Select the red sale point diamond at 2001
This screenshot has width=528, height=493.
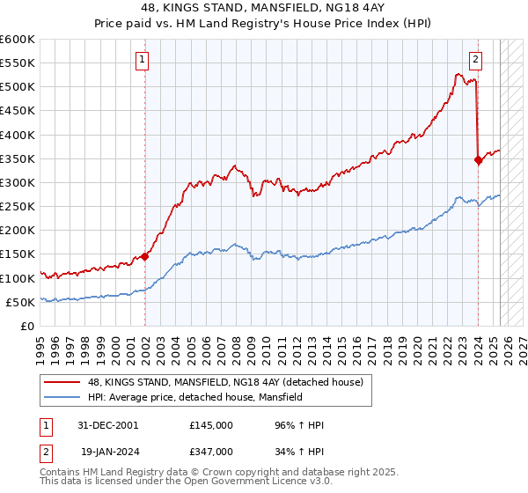click(145, 257)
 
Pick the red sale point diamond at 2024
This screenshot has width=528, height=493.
click(478, 160)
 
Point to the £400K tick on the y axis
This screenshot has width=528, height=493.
click(18, 135)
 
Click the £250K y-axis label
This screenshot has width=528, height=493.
click(18, 206)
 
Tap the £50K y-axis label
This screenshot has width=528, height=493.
click(21, 302)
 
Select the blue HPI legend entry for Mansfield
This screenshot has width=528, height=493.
click(194, 398)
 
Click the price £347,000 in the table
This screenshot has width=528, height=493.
click(211, 453)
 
